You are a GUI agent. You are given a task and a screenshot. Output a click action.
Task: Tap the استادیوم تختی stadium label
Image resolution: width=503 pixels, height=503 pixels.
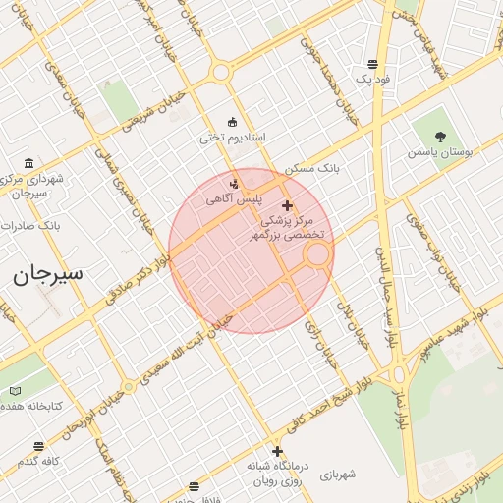tap(233, 139)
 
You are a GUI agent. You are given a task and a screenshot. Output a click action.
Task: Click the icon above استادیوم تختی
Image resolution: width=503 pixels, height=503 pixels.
tap(232, 122)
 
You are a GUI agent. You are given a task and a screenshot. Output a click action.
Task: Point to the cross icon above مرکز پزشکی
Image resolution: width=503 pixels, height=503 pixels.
tap(287, 205)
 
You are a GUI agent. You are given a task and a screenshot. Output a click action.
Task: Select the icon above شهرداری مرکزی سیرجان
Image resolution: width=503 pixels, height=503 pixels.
tap(27, 163)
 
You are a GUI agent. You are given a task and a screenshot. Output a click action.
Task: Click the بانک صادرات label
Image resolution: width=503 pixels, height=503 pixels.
tap(31, 225)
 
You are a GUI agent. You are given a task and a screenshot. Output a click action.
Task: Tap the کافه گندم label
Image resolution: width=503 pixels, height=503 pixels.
tap(38, 461)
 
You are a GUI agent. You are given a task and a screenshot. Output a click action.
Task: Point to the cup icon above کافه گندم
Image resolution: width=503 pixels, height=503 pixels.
tap(38, 446)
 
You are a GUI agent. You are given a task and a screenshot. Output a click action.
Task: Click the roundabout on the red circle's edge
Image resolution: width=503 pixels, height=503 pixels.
tap(317, 254)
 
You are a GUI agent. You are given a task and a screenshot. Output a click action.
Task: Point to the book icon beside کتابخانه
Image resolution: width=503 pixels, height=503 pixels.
tap(15, 391)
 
